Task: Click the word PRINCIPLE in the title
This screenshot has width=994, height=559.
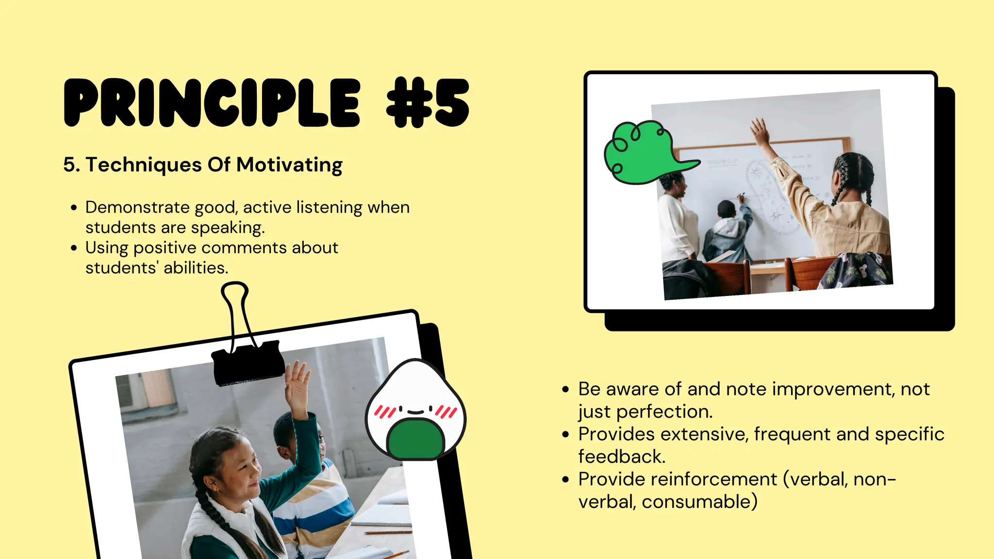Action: click(212, 103)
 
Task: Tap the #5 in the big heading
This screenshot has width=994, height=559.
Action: click(428, 103)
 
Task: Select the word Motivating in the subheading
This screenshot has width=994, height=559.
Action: click(289, 165)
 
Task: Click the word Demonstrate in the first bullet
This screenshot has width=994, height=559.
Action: click(137, 207)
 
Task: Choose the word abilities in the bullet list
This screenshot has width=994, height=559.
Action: click(196, 268)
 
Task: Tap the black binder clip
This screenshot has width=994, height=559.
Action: click(248, 364)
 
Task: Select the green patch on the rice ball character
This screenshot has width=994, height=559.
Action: click(415, 439)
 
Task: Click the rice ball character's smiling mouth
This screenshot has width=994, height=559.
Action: click(415, 412)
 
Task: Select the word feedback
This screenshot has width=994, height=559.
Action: click(621, 457)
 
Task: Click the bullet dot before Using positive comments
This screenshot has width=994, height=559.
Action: click(74, 248)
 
